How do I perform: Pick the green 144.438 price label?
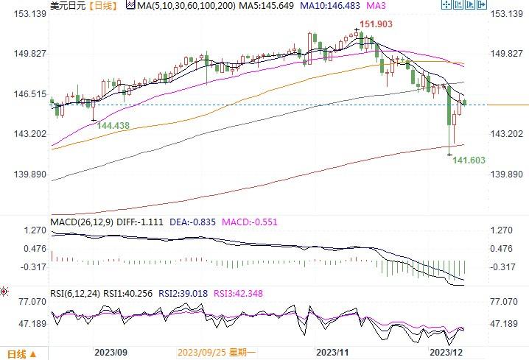pyautogui.click(x=113, y=126)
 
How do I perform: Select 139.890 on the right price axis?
pyautogui.click(x=508, y=174)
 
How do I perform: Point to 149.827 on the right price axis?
pyautogui.click(x=508, y=54)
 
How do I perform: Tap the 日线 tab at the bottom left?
pyautogui.click(x=16, y=353)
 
